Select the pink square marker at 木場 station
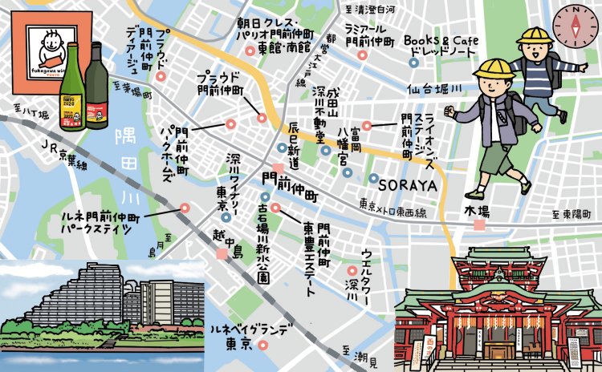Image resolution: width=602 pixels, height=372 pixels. [x=479, y=225]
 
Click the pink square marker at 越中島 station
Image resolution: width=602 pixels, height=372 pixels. [x=222, y=254]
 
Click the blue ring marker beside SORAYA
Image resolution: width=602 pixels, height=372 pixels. [x=374, y=177]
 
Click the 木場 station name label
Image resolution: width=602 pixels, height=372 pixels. [x=477, y=211]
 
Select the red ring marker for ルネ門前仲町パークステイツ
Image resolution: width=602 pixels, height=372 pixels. [x=185, y=208]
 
